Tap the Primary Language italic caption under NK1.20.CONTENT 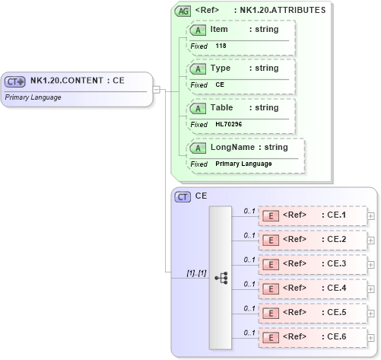pyautogui.click(x=33, y=97)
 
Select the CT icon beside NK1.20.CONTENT pyautogui.click(x=15, y=81)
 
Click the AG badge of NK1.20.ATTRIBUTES pyautogui.click(x=183, y=11)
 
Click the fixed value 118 pyautogui.click(x=221, y=46)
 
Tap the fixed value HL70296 pyautogui.click(x=229, y=124)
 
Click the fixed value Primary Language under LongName pyautogui.click(x=243, y=164)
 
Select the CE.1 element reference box pyautogui.click(x=312, y=215)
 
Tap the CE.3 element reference pyautogui.click(x=312, y=264)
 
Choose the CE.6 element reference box pyautogui.click(x=312, y=337)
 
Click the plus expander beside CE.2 pyautogui.click(x=370, y=241)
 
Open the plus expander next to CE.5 pyautogui.click(x=370, y=314)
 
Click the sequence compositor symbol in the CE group pyautogui.click(x=221, y=278)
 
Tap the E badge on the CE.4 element pyautogui.click(x=269, y=289)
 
